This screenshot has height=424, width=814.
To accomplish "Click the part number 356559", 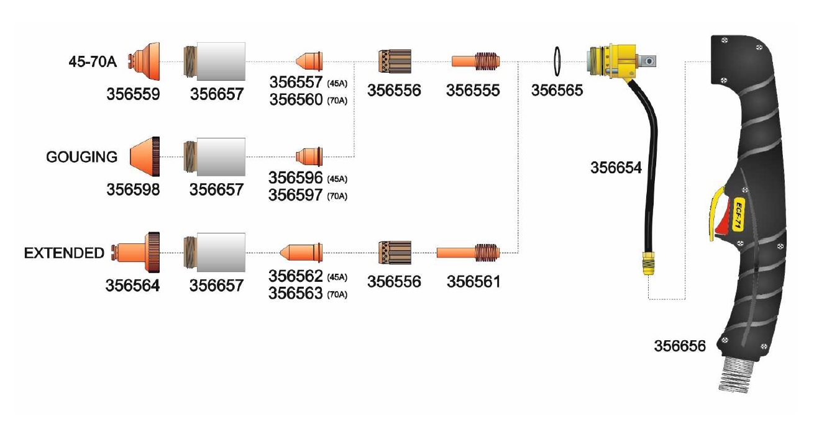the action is pyautogui.click(x=133, y=94).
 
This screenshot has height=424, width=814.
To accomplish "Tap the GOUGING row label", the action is pyautogui.click(x=82, y=157).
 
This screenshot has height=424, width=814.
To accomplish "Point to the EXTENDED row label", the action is pyautogui.click(x=64, y=253).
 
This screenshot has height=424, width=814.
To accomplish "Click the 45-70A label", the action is pyautogui.click(x=93, y=61).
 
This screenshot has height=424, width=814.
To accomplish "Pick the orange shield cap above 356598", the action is pyautogui.click(x=145, y=157).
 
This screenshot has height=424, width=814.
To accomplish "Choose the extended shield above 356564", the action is pyautogui.click(x=135, y=252).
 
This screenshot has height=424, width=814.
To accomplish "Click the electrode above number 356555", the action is pyautogui.click(x=476, y=61).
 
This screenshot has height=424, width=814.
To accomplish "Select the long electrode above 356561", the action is pyautogui.click(x=468, y=252).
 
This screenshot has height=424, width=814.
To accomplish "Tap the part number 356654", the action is pyautogui.click(x=616, y=168).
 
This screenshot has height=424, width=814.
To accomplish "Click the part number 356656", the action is pyautogui.click(x=680, y=346).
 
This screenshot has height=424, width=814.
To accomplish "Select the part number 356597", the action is pyautogui.click(x=295, y=196).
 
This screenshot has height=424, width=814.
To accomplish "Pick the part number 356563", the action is pyautogui.click(x=295, y=293).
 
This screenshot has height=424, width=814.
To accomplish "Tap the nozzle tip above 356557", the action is pyautogui.click(x=309, y=61).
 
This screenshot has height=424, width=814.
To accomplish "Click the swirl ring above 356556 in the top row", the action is pyautogui.click(x=395, y=61).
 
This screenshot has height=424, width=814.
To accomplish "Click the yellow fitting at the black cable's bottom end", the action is pyautogui.click(x=648, y=263).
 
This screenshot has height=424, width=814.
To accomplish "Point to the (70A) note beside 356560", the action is pyautogui.click(x=337, y=101).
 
